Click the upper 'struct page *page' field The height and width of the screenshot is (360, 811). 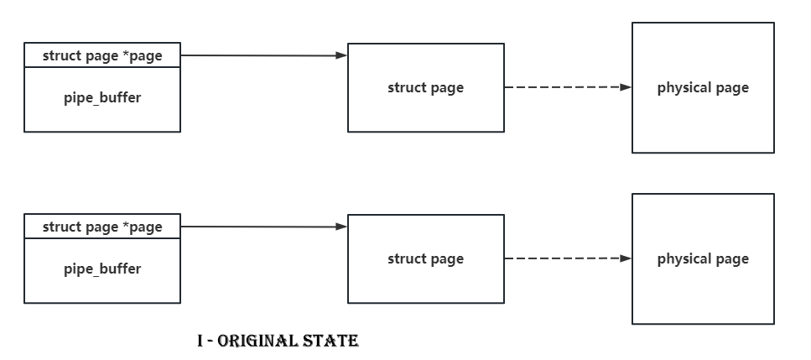101,56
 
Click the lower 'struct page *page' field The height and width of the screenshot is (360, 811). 101,227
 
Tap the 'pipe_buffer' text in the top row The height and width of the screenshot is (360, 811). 102,97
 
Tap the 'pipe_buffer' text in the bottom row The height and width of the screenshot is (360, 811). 102,269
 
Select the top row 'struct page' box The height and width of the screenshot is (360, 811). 425,87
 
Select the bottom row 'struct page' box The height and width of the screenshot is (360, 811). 425,258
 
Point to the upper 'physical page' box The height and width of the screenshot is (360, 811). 703,87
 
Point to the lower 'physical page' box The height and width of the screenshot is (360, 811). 703,258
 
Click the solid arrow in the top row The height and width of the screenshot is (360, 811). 260,55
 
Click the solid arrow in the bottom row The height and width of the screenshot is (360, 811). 260,227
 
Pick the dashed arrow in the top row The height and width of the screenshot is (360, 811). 566,86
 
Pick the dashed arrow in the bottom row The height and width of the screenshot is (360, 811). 566,258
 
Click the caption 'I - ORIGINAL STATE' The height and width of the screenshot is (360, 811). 278,341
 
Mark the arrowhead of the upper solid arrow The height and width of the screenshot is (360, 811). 341,55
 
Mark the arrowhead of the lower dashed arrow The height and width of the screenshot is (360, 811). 626,258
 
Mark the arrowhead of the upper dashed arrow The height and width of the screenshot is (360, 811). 626,86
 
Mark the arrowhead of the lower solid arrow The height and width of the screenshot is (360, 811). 341,227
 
